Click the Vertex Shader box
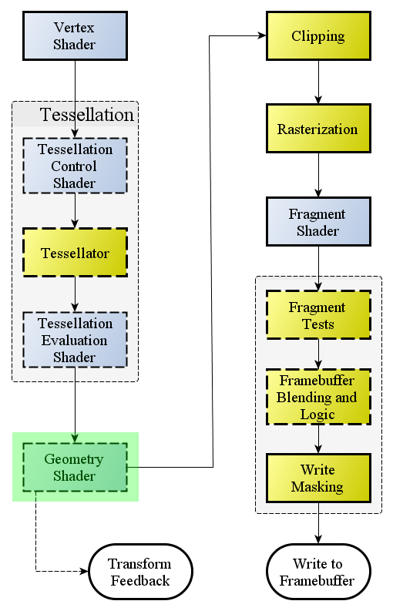click(x=76, y=36)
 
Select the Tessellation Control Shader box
click(x=76, y=166)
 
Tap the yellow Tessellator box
click(x=76, y=253)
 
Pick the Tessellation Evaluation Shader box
click(x=76, y=340)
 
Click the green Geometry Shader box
click(x=76, y=467)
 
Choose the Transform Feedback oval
click(x=141, y=572)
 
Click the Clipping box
click(x=318, y=36)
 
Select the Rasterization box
click(x=318, y=128)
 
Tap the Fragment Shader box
click(x=318, y=222)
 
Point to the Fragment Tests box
click(x=318, y=315)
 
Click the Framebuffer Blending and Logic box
click(x=318, y=397)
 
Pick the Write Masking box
click(x=318, y=478)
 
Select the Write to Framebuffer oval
click(x=318, y=572)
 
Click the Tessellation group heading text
click(x=86, y=115)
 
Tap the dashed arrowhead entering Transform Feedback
click(x=84, y=572)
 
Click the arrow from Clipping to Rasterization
click(x=318, y=82)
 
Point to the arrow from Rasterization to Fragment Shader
click(x=318, y=175)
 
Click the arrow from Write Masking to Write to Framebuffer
click(x=318, y=523)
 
